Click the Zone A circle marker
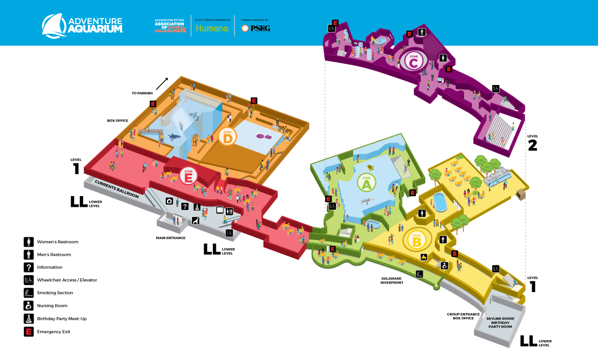366,182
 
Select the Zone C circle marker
414,62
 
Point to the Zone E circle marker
188,176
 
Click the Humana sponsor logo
212,28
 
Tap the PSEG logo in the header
256,28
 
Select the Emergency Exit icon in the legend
29,331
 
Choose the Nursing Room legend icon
29,306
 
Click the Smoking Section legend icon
29,293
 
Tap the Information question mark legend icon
29,267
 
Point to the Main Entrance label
171,237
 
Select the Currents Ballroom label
116,188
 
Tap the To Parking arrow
162,84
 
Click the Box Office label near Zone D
117,121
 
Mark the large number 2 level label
532,145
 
